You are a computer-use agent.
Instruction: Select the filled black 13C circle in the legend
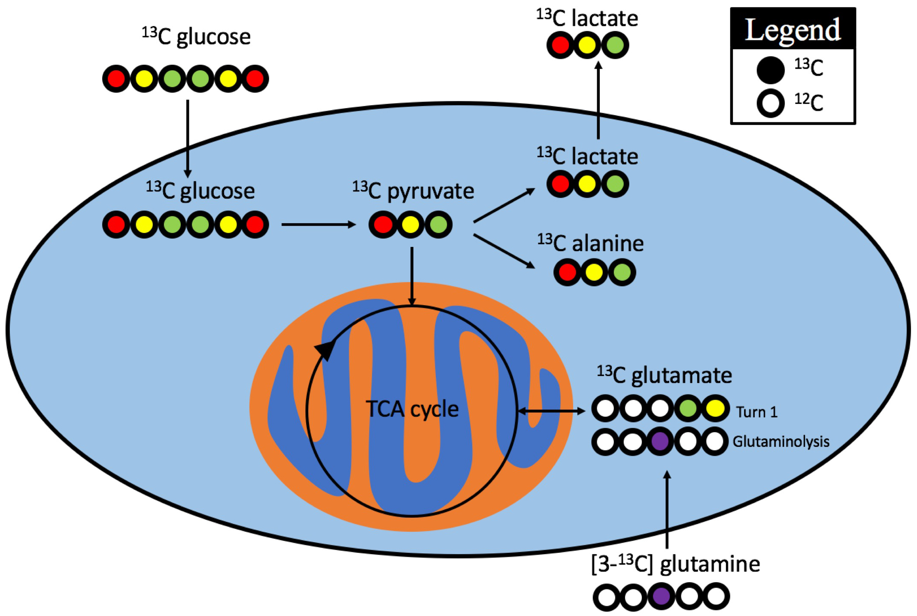coord(770,70)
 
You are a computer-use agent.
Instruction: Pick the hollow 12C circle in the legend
coord(770,103)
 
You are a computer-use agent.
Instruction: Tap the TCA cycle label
coord(412,409)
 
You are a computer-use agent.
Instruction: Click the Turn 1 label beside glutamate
coord(756,412)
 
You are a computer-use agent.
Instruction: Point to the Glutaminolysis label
coord(780,441)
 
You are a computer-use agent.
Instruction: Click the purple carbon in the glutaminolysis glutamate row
coord(660,441)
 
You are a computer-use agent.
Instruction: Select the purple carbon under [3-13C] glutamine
coord(661,596)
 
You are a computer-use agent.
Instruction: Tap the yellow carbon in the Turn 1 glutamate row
coord(715,408)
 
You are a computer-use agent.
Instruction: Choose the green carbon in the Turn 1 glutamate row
coord(688,408)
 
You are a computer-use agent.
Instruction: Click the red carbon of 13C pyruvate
coord(383,225)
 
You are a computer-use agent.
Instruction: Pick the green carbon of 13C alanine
coord(622,272)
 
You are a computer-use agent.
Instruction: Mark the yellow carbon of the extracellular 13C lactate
coord(587,45)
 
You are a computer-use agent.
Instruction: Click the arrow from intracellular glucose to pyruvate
coord(318,225)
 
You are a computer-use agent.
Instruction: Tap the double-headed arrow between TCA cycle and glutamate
coord(551,411)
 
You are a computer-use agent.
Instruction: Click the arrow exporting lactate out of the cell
coord(598,101)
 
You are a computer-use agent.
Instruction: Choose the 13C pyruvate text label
coord(413,191)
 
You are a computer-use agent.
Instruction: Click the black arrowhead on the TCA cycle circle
coord(325,349)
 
